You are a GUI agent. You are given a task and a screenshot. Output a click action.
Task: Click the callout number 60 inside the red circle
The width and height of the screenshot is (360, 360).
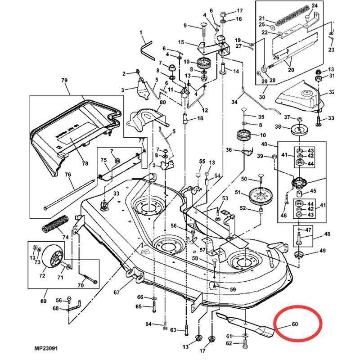tap(295, 324)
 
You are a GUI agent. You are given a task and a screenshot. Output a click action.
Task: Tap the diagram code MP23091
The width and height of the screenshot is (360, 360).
tap(45, 348)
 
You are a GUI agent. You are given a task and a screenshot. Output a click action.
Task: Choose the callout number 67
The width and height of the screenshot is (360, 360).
tap(117, 292)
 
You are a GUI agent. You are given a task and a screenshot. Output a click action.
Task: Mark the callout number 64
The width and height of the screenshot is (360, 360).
tap(148, 324)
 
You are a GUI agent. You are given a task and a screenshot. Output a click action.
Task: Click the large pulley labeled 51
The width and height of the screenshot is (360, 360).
tap(258, 197)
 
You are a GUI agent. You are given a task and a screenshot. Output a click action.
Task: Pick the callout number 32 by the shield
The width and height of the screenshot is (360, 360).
tap(332, 92)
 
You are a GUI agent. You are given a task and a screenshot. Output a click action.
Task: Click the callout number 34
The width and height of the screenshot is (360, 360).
tap(234, 103)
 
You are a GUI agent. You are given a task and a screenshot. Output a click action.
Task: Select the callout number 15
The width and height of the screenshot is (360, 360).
tap(181, 42)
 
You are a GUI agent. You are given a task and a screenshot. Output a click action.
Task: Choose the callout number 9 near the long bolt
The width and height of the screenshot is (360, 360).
tap(184, 25)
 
